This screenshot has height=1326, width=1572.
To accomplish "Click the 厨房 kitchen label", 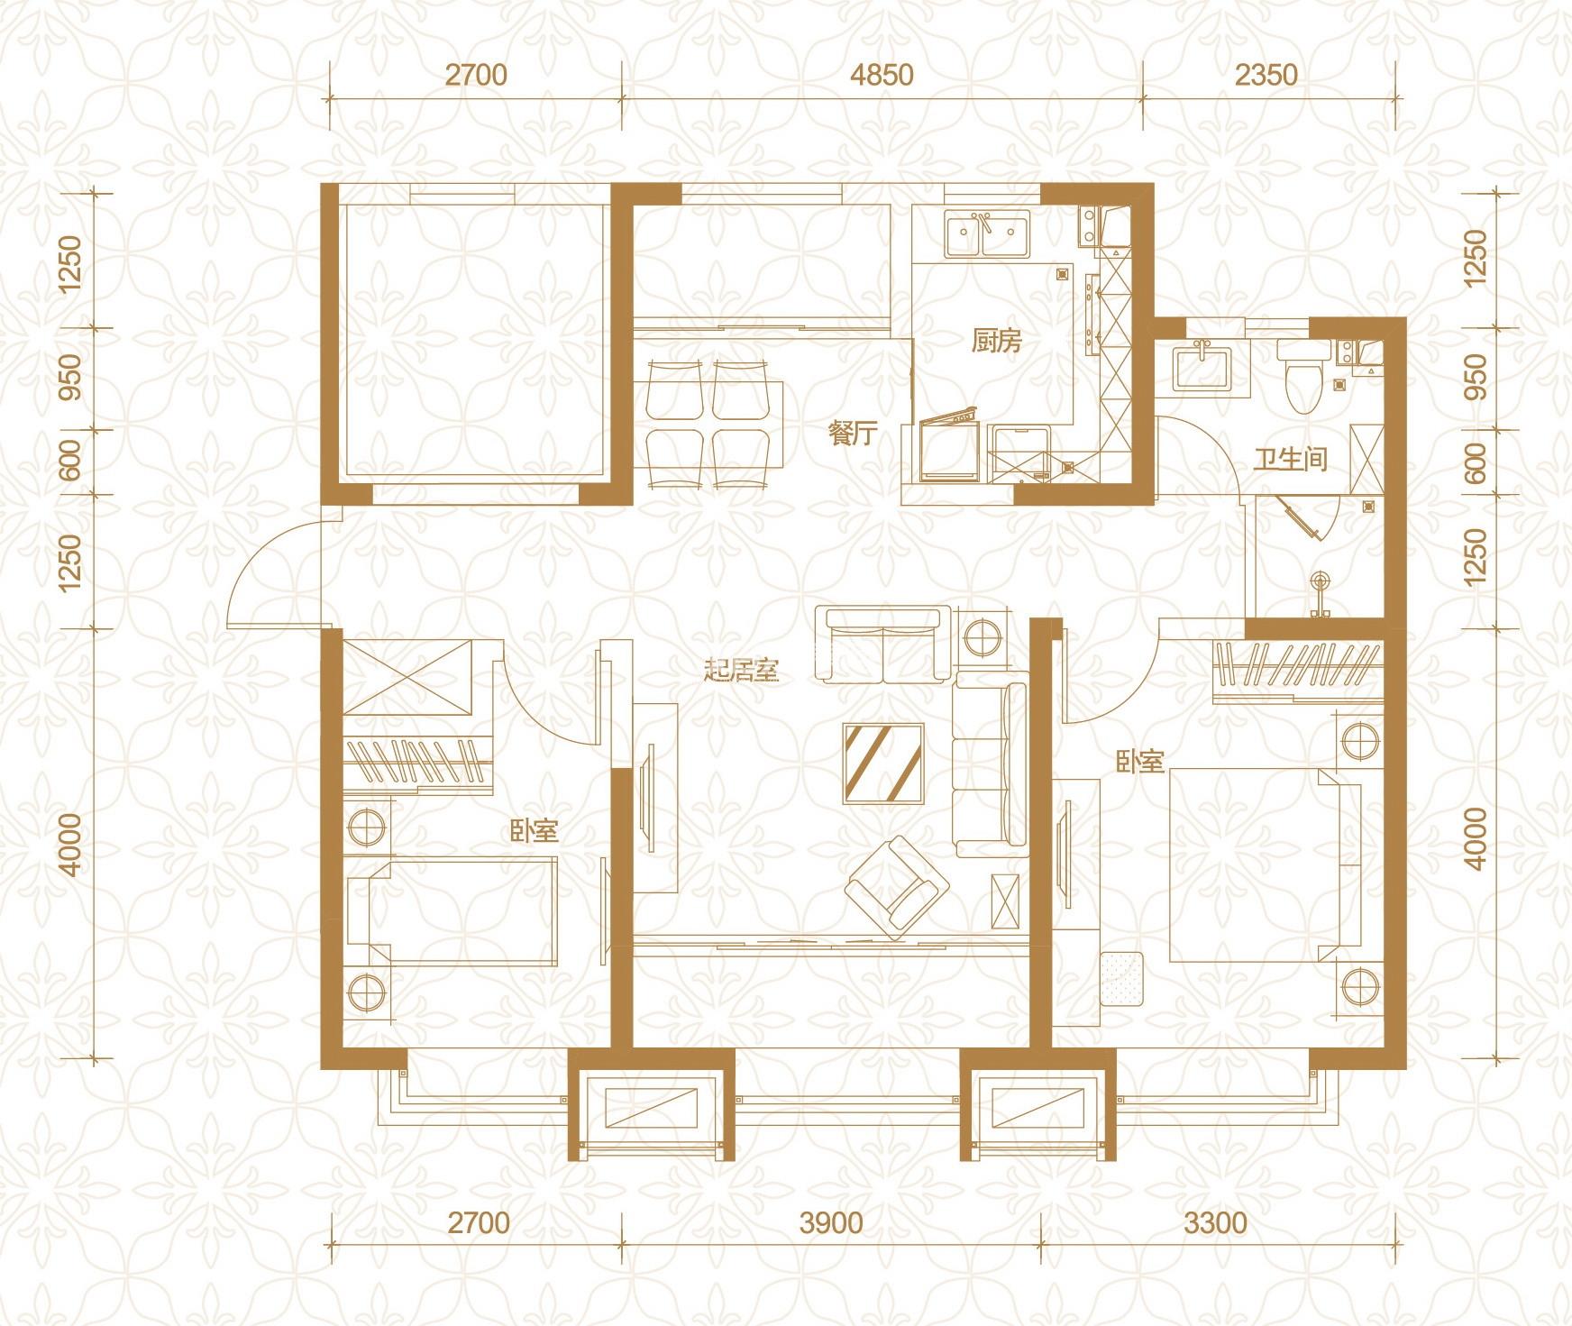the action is pyautogui.click(x=996, y=342).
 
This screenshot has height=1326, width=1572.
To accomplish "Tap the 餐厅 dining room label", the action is pyautogui.click(x=853, y=434).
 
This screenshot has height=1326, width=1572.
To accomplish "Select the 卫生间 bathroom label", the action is pyautogui.click(x=1291, y=459).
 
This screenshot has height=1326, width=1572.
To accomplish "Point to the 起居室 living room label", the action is pyautogui.click(x=741, y=672).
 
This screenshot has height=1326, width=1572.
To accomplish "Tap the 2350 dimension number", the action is pyautogui.click(x=1266, y=74).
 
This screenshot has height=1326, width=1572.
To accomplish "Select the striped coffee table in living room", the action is pyautogui.click(x=883, y=762).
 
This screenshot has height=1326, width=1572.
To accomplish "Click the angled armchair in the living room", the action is pyautogui.click(x=898, y=886).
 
